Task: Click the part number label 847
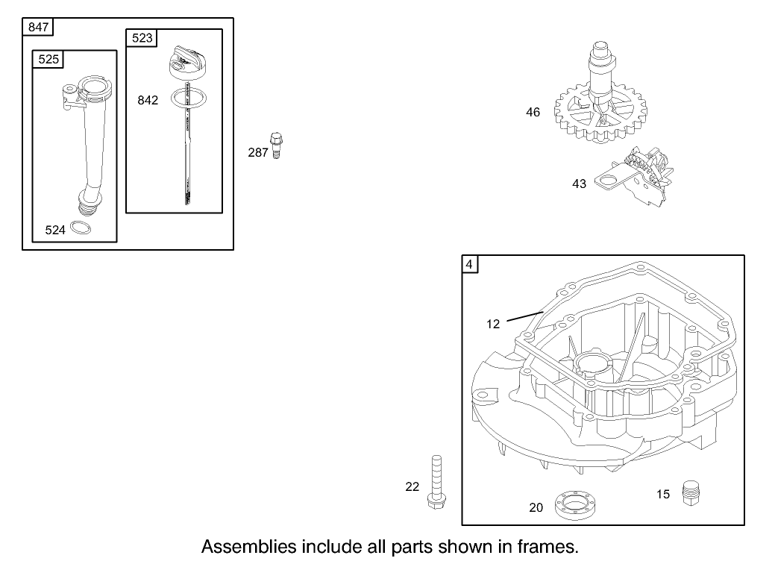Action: click(x=39, y=28)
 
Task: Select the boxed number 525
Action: click(x=48, y=60)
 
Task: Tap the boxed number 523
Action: click(x=142, y=38)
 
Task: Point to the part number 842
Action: click(x=148, y=100)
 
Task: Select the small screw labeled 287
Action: click(x=278, y=145)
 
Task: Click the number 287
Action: click(x=258, y=152)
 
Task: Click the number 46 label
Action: click(x=533, y=113)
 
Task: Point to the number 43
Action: click(x=579, y=184)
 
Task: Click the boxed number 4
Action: click(x=469, y=264)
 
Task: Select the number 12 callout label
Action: click(x=493, y=324)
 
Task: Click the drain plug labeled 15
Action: click(x=694, y=493)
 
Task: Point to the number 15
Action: click(x=663, y=494)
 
